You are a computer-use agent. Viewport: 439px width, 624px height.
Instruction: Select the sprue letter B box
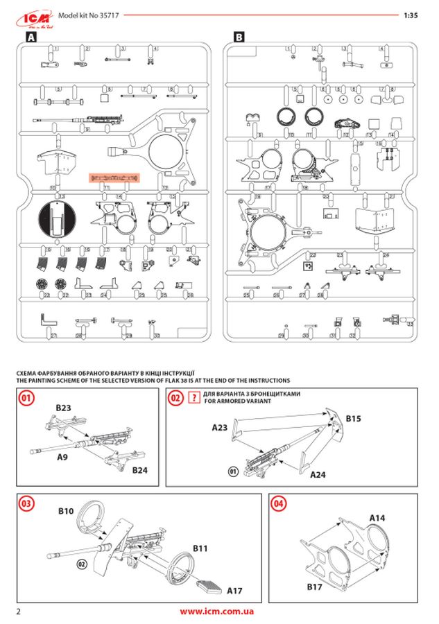(239, 39)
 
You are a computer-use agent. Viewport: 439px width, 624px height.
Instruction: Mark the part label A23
(221, 428)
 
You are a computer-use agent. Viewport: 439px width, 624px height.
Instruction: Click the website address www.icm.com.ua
(216, 612)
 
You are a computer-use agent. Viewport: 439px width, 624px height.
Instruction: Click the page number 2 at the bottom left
(19, 612)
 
